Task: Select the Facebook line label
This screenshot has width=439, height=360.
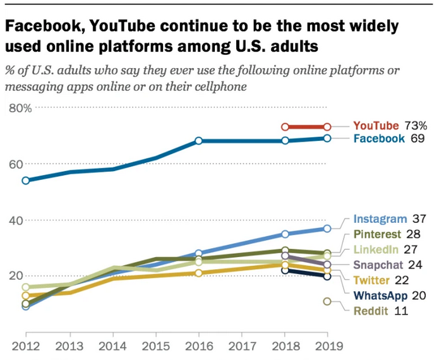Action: tap(378, 138)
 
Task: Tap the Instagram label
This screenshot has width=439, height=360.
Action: tap(380, 219)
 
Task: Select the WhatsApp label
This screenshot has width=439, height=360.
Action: tap(381, 295)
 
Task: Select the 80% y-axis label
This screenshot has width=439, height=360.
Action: tap(20, 108)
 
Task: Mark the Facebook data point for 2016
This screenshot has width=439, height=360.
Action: tap(198, 141)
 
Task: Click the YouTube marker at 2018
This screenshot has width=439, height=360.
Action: tap(285, 127)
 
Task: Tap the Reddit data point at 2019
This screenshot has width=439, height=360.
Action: tap(327, 301)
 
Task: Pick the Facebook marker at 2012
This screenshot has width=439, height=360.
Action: tap(26, 181)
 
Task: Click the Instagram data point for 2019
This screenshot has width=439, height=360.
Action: tap(327, 228)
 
